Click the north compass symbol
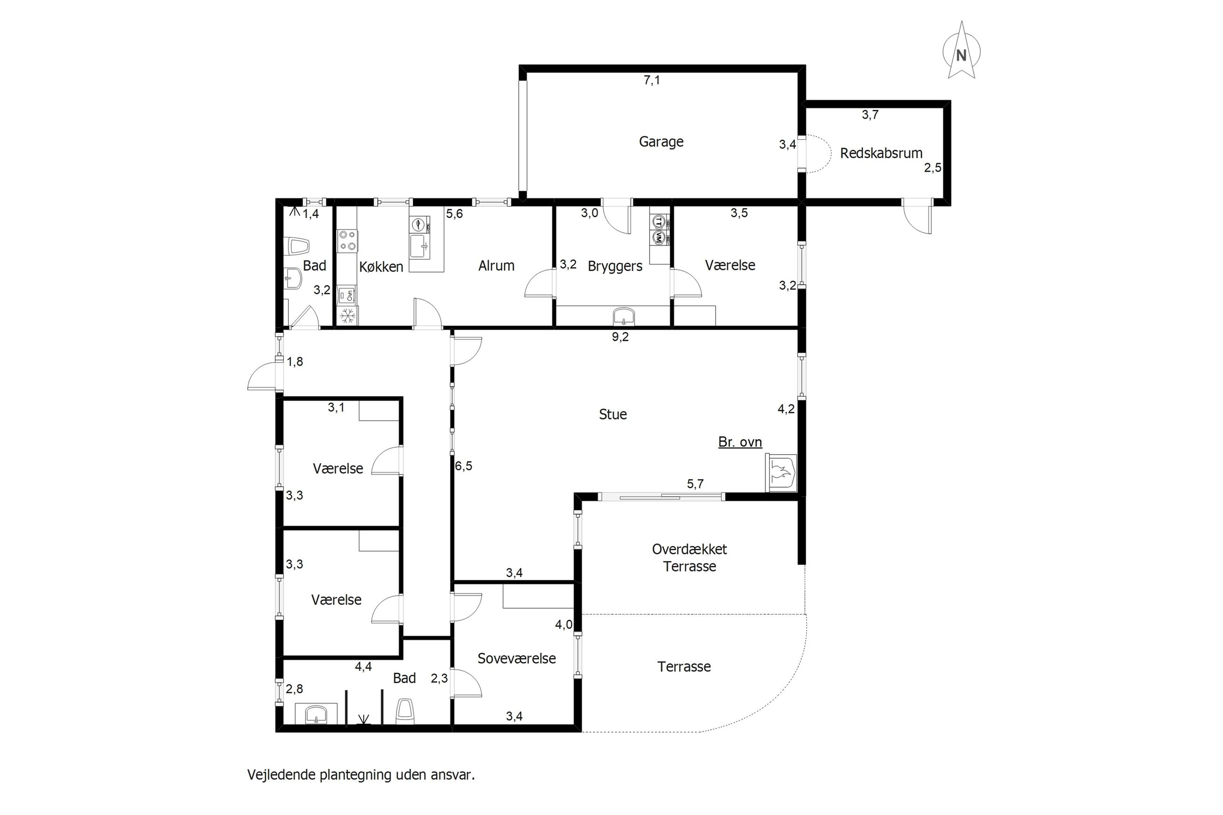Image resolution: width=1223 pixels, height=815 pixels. pos(961,50)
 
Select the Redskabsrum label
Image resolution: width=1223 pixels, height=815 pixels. pos(881,153)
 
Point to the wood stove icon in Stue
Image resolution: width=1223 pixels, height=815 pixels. pos(781,473)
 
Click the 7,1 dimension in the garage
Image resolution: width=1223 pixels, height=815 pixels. pos(651,80)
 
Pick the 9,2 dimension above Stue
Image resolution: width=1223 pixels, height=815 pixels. pos(619,337)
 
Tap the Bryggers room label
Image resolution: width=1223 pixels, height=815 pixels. pos(615,266)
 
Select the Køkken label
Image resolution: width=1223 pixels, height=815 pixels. pos(381,267)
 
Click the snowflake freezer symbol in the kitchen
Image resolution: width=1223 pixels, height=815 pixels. pos(347,316)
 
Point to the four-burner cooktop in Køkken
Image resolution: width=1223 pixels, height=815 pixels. pos(347,241)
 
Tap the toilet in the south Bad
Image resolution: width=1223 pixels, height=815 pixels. pos(405,711)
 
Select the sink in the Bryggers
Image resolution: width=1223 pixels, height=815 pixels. pos(623,316)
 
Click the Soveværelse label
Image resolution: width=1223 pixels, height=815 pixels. pos(516,658)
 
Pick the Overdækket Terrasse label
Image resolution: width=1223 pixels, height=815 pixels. pos(689,558)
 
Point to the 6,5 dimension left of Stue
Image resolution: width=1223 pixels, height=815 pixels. pos(464,466)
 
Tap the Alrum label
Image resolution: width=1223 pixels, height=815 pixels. pos(496,266)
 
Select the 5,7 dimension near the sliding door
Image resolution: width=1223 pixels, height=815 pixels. pos(695,484)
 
